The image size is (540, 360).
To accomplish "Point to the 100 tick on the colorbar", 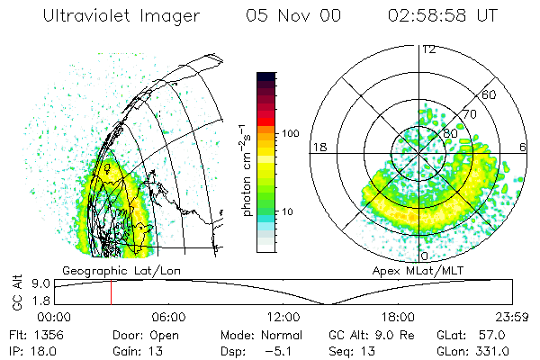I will coord(290,133).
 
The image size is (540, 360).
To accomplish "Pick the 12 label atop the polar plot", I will coord(428,49).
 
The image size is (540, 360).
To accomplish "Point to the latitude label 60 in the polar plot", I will coord(490,94).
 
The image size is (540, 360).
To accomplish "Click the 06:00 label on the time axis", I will coord(168,317).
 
